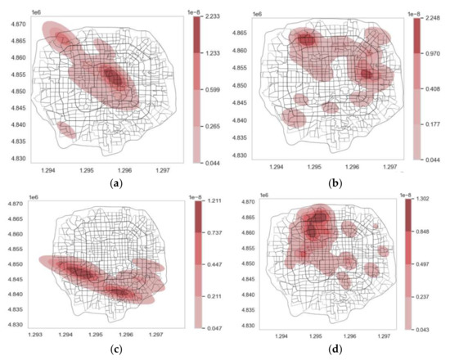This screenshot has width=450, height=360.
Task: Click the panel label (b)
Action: (335, 184)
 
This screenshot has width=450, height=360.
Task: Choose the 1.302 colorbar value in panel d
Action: (434, 201)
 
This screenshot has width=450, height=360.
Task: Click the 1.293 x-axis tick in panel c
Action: (35, 335)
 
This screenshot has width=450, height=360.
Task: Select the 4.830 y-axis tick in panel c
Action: (14, 324)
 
